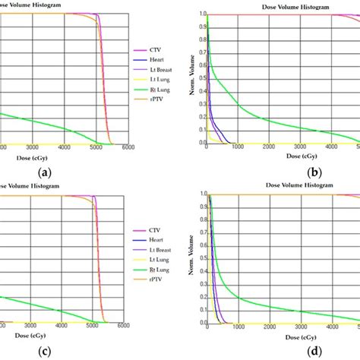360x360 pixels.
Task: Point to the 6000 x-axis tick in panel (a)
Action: pyautogui.click(x=128, y=147)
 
